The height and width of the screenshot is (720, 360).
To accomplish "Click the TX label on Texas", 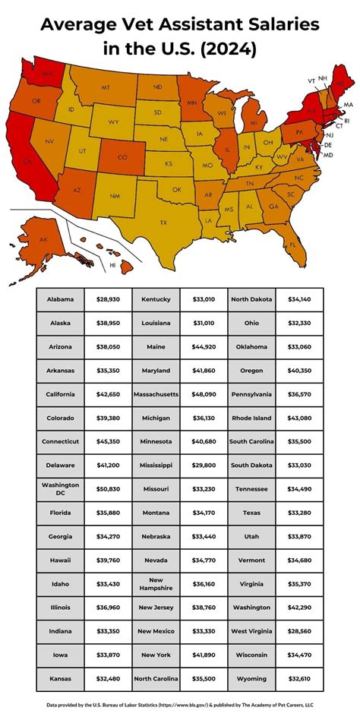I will (x=163, y=223).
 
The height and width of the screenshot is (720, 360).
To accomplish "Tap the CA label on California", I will (x=26, y=161).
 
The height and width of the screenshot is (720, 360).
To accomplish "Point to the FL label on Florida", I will (x=292, y=245).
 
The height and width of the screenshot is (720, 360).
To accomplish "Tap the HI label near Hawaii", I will (x=112, y=266).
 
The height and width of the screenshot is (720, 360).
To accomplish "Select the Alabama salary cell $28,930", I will (x=108, y=299).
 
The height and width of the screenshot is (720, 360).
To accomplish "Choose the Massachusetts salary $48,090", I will (x=204, y=395).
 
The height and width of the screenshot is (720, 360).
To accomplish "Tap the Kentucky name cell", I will (x=156, y=299).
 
